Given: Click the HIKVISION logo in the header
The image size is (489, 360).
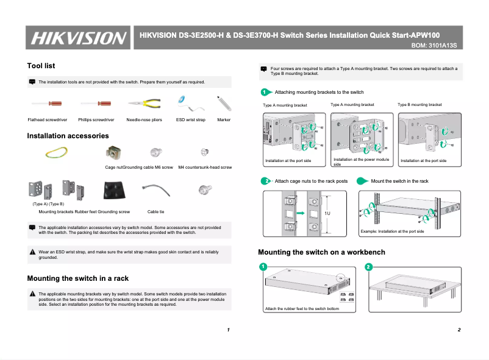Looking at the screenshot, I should tap(78, 38).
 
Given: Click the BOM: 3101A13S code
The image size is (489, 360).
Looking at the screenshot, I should tap(434, 46).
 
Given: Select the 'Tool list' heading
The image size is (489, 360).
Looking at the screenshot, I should tap(41, 66).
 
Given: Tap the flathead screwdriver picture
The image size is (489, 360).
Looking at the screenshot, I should tap(47, 104).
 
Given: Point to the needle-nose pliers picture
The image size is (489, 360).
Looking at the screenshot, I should tap(145, 104).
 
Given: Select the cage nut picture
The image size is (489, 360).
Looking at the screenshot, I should tap(113, 152).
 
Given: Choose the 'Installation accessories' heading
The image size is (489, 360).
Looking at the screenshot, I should tap(68, 136).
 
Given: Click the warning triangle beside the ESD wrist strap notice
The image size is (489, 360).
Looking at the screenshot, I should tap(32, 252).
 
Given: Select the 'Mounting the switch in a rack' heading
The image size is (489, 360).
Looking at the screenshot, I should tap(77, 278).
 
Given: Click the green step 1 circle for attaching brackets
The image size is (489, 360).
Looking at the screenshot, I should tap(264, 92).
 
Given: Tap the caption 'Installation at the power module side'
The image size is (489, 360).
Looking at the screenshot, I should tap(361, 161).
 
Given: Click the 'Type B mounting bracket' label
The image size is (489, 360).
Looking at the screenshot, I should tap(419, 105).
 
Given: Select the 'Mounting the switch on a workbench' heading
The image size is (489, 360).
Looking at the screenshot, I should tap(321, 252).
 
